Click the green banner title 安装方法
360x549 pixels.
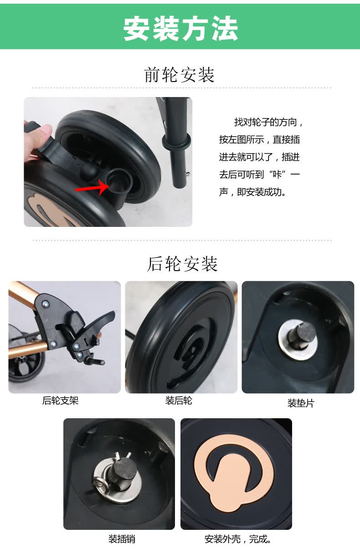180,28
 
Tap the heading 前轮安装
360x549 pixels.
180,75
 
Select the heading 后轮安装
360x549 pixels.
182,264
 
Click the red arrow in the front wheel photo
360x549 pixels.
92,187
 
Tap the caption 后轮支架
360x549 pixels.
60,400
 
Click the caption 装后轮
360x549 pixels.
179,400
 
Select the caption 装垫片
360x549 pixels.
301,403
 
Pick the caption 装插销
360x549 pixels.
122,539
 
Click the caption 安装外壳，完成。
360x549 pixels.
238,539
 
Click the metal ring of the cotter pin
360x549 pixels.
100,483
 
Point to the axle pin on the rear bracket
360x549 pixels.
96,360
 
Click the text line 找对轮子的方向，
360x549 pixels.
268,122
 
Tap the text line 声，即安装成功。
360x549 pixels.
252,192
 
